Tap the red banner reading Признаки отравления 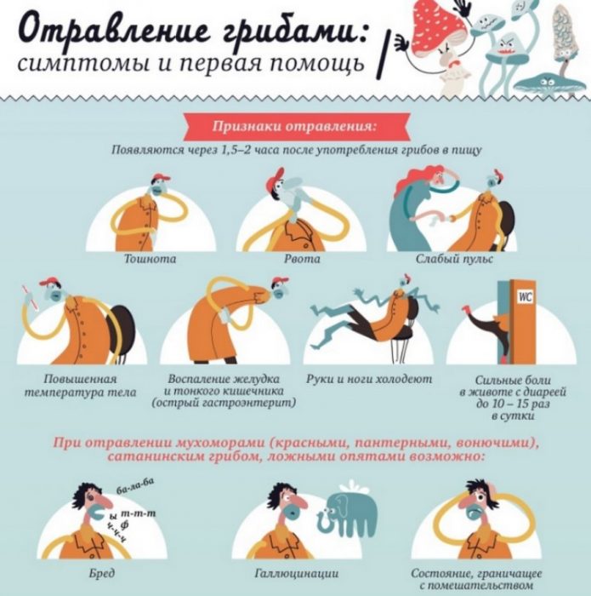click(x=294, y=127)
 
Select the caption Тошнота click(x=150, y=258)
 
